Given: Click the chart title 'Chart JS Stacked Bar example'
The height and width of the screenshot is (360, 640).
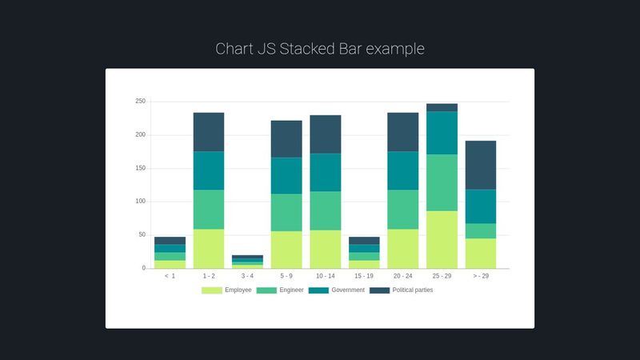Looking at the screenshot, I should click(x=320, y=49).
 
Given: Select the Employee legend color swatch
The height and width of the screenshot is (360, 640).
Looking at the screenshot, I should click(x=211, y=290).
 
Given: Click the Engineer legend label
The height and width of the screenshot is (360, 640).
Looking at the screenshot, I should click(x=292, y=290).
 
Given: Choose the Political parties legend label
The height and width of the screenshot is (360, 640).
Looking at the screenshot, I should click(x=412, y=290).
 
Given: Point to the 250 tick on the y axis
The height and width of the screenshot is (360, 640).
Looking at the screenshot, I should click(x=140, y=102).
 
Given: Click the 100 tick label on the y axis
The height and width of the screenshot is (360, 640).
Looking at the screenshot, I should click(x=140, y=202).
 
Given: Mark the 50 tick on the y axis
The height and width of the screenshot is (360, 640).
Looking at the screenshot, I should click(x=142, y=235).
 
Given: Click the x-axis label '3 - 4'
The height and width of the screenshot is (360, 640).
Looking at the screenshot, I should click(x=247, y=276).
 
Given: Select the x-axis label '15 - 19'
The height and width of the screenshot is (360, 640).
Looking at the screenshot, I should click(x=364, y=276).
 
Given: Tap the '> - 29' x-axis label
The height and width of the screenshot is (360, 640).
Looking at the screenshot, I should click(x=480, y=276).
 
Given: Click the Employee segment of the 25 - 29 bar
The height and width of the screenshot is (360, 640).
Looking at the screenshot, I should click(x=442, y=239).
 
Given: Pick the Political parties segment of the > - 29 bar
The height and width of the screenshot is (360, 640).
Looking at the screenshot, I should click(x=480, y=165).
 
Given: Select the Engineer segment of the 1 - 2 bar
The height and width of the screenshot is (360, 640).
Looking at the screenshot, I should click(x=209, y=210).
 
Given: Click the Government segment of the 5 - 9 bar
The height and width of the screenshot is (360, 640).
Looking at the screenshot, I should click(x=286, y=175).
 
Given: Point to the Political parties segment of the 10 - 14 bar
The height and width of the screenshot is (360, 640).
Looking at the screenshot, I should click(x=325, y=134).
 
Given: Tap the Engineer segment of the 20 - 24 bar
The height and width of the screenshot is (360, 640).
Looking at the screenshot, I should click(x=402, y=210).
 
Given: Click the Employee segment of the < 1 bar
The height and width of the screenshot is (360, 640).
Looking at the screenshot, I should click(x=170, y=264).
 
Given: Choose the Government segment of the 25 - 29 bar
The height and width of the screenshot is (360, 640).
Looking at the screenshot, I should click(x=442, y=133).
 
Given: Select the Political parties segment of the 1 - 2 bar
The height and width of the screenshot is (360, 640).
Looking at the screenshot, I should click(x=209, y=132).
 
